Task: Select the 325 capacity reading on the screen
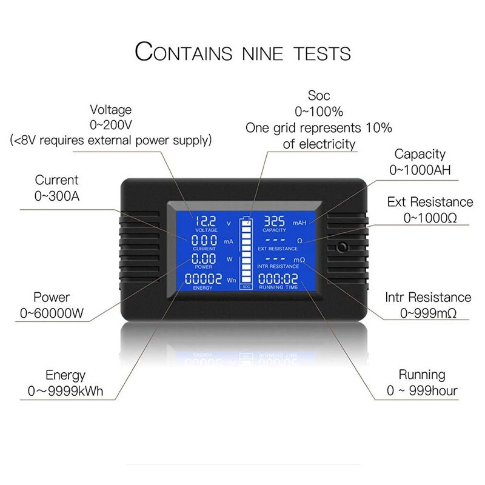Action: point(275,221)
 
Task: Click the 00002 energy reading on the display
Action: point(203,279)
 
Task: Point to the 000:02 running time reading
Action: point(278,279)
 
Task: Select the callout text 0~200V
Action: point(111,125)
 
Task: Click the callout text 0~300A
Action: point(56,195)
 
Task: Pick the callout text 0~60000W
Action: point(52,313)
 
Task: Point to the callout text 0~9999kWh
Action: point(65,390)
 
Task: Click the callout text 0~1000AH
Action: point(420,170)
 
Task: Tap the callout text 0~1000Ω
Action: point(430,217)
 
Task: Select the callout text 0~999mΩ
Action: point(428,313)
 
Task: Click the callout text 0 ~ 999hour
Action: point(422,390)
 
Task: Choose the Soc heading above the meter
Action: point(319,95)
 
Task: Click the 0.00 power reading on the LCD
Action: point(204,259)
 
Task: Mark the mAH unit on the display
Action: point(300,223)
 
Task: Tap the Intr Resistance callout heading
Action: point(428,297)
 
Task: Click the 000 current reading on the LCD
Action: point(204,240)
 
